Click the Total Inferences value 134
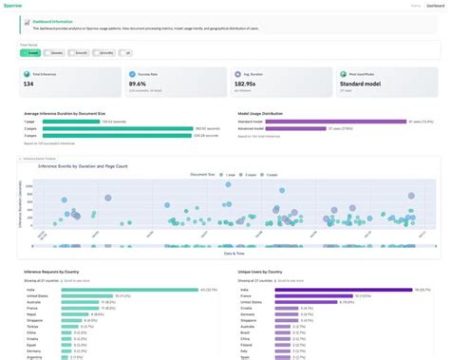[30, 84]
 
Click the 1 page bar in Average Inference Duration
[76, 121]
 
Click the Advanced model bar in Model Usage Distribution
[285, 128]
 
